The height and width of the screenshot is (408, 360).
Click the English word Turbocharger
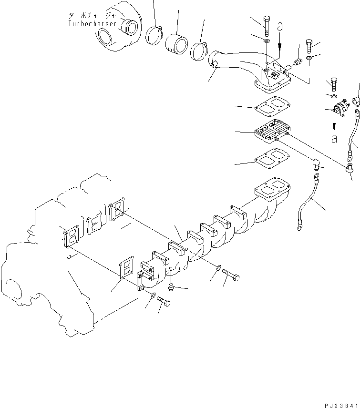coord(92,23)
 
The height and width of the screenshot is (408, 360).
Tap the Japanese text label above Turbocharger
coord(91,16)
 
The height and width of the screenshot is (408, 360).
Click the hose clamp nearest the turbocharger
coord(155,36)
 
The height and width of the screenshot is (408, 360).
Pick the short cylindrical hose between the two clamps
coord(176,44)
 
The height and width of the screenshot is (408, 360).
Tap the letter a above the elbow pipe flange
coord(280,28)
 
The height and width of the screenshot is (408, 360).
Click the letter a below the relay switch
coord(335,139)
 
